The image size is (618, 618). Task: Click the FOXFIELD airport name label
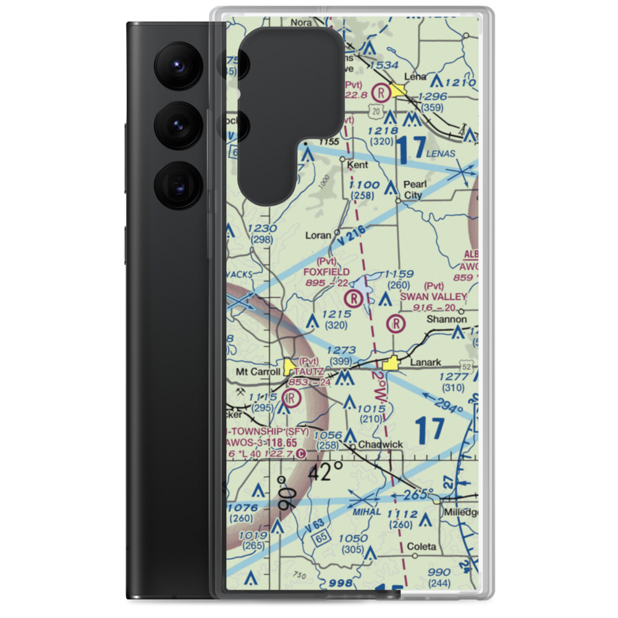click(x=327, y=272)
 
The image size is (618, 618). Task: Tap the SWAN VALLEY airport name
click(x=433, y=297)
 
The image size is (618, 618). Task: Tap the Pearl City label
click(x=412, y=190)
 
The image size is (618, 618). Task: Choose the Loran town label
click(x=318, y=235)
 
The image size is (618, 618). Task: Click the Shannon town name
click(x=447, y=320)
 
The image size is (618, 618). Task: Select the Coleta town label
click(x=421, y=546)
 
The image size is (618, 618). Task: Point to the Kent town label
click(x=358, y=165)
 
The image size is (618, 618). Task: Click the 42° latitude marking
click(x=326, y=472)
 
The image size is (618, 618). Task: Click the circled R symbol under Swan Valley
click(x=396, y=323)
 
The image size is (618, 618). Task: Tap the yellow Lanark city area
click(x=391, y=365)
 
